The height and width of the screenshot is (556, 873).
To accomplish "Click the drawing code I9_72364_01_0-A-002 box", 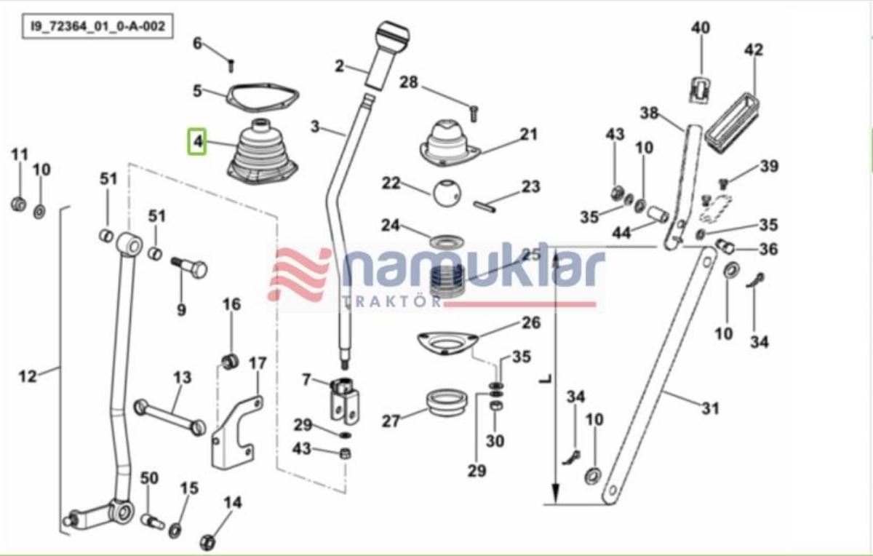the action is [x=97, y=26].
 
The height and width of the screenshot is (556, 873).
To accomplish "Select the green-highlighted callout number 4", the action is [x=197, y=141].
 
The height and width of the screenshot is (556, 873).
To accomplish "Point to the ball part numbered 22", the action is [x=446, y=193].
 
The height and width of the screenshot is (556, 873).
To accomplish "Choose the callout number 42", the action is [x=754, y=50].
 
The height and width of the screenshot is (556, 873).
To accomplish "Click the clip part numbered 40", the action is [x=701, y=91].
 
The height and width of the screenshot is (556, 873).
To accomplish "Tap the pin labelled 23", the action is [x=485, y=206].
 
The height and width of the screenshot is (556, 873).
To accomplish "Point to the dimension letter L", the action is [x=547, y=379].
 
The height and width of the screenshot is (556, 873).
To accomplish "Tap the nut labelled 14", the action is [x=207, y=542].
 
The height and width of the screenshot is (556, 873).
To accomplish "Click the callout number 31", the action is [x=710, y=408].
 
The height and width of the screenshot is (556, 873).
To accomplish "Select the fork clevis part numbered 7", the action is [x=345, y=401].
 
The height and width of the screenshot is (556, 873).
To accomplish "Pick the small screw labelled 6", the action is [x=231, y=65].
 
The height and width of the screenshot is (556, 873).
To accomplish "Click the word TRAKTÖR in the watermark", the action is [x=391, y=301].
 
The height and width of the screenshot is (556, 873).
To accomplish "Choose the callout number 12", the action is [x=28, y=377].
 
